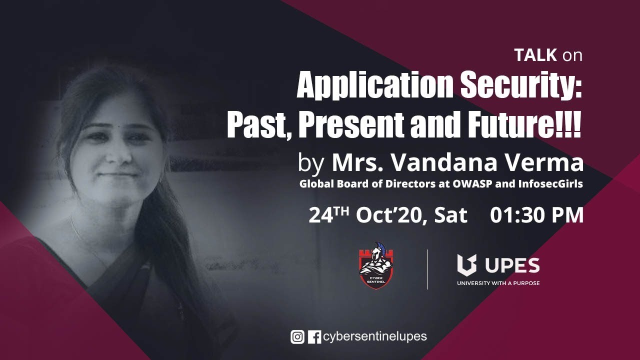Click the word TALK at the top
click(x=535, y=55)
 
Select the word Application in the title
click(x=375, y=85)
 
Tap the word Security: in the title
click(x=521, y=85)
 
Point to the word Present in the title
click(x=351, y=125)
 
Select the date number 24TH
click(x=329, y=215)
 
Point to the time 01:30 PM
click(x=536, y=215)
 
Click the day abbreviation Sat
click(x=450, y=215)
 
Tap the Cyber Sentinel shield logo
click(x=376, y=265)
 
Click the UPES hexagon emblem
click(x=467, y=265)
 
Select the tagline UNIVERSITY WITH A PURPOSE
click(x=498, y=283)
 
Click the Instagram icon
click(x=297, y=337)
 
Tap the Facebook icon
click(x=314, y=337)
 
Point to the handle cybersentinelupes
click(x=375, y=337)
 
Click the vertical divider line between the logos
click(x=427, y=269)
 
